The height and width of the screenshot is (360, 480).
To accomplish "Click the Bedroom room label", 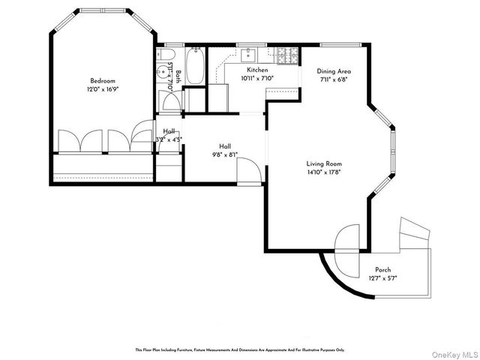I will coord(103,81).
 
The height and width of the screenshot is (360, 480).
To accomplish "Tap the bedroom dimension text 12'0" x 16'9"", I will coord(103,88).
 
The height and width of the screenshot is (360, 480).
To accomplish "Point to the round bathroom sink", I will coord(163,73).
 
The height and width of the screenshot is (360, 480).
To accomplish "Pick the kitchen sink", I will coord(250,54).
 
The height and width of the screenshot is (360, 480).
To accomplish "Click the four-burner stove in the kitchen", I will coord(286,54).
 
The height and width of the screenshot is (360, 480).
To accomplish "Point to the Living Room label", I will coord(324,163).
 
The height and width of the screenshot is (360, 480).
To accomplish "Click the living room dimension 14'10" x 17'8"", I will coord(324,172).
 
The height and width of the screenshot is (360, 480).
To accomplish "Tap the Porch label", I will coord(382,270).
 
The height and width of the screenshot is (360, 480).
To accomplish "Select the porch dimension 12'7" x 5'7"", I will coord(382,278).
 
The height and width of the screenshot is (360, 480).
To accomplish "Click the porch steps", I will coord(413,232).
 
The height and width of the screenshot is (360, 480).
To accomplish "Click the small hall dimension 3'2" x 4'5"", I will coord(169,139).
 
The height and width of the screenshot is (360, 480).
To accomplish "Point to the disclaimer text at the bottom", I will coord(239,349).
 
